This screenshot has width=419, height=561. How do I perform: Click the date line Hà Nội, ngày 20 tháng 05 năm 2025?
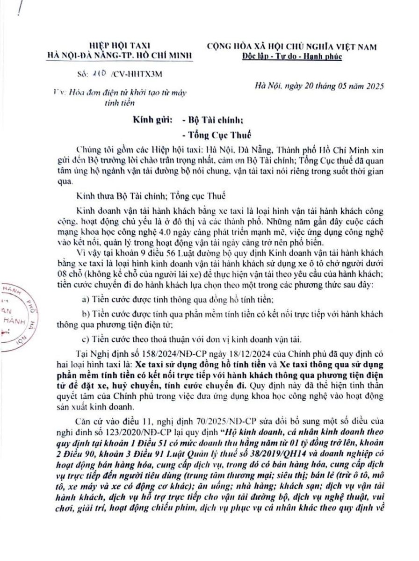[320, 86]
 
